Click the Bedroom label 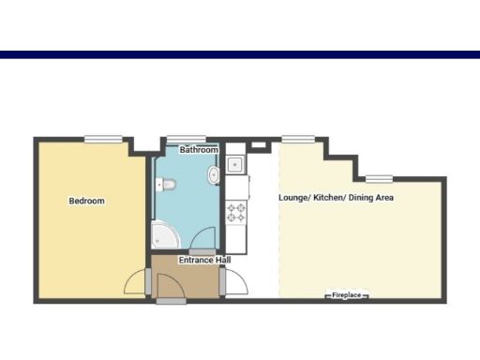coord(86,201)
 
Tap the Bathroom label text coord(199,150)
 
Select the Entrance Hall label coord(203,260)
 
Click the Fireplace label coord(346,296)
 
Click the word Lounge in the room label coord(292,198)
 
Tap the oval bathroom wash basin coord(215,175)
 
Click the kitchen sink coord(234,166)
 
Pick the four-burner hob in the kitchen coord(234,212)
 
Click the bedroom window coord(103,140)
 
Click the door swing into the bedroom coord(137,281)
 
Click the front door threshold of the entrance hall coord(172,301)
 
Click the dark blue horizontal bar coord(240,55)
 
